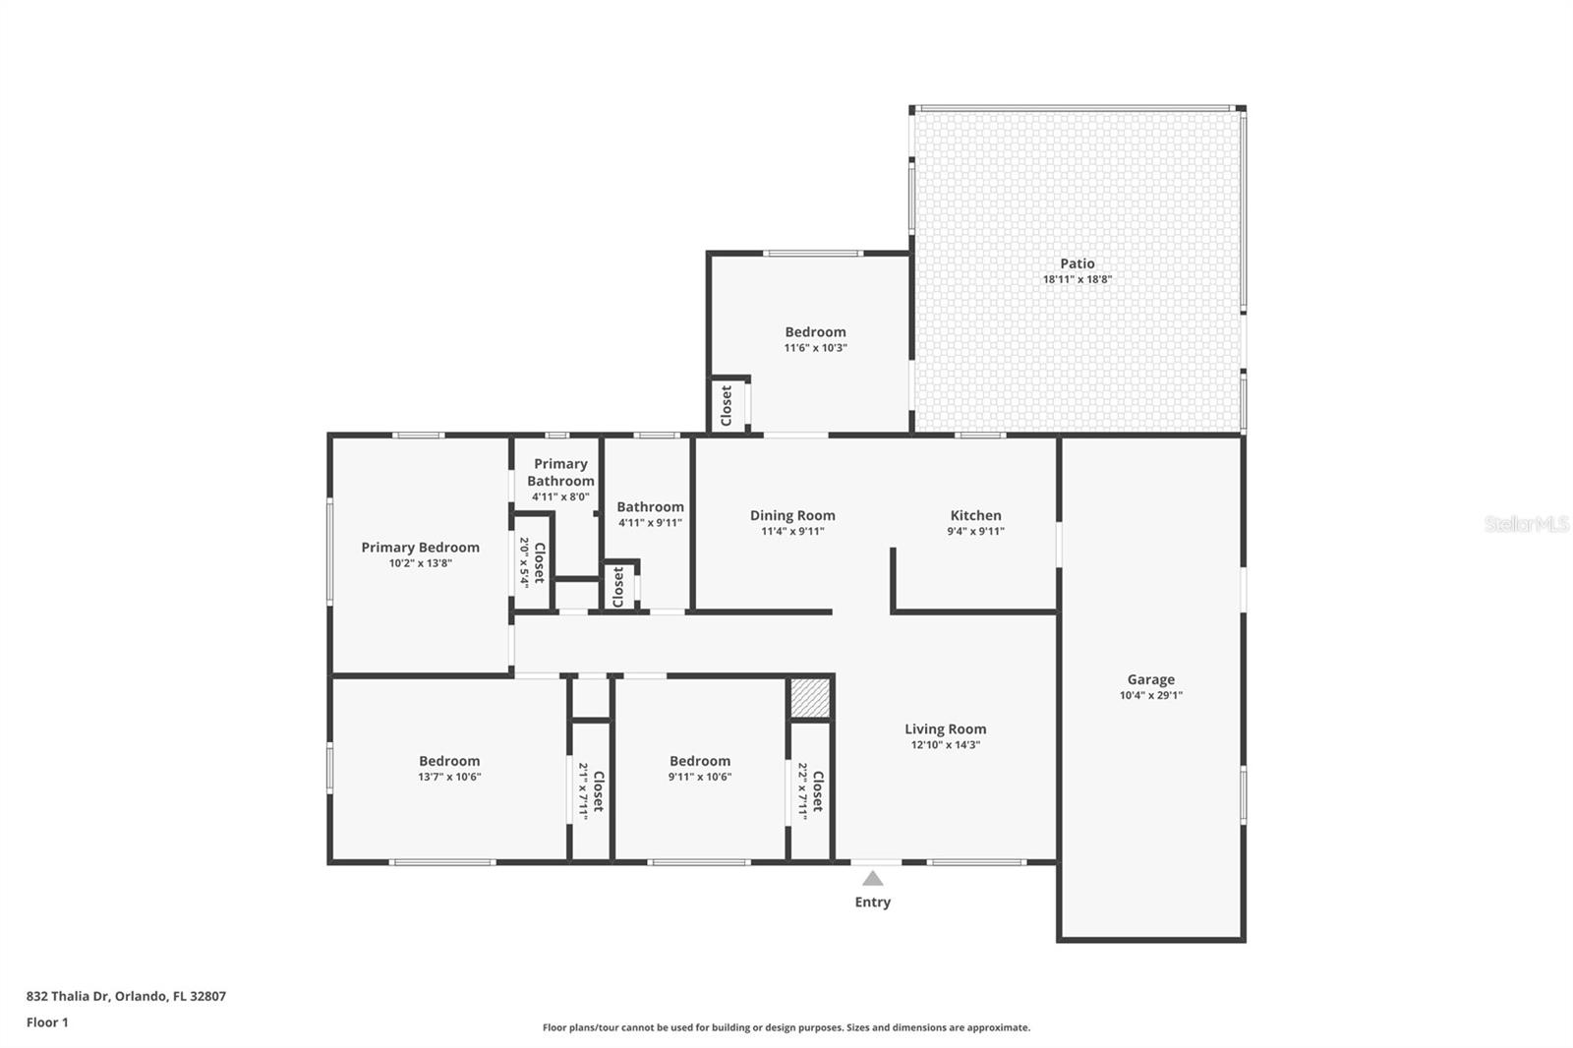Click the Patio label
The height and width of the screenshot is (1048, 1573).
click(x=1077, y=263)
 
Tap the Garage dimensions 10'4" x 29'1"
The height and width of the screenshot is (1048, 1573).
click(x=1150, y=695)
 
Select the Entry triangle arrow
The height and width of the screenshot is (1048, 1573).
click(x=872, y=878)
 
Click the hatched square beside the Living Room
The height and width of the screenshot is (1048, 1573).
click(x=810, y=699)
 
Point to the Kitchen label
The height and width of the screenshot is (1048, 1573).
click(x=975, y=515)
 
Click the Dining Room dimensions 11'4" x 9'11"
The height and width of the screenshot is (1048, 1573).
click(x=792, y=531)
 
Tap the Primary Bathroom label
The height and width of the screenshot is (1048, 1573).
click(x=560, y=472)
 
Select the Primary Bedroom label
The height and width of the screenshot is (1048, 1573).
click(x=420, y=548)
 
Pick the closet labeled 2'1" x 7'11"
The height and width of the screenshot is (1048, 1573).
click(x=590, y=790)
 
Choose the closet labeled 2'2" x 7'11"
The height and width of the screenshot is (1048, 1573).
click(x=810, y=790)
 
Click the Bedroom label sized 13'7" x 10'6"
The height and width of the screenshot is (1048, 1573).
click(x=449, y=761)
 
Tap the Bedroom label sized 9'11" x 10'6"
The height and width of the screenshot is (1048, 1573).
click(x=699, y=761)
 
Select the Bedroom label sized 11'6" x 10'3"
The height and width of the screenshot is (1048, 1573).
click(x=815, y=332)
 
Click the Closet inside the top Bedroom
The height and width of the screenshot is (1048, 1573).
click(x=727, y=405)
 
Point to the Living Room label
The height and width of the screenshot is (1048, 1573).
click(x=945, y=728)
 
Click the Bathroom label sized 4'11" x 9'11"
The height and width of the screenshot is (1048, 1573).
click(x=650, y=507)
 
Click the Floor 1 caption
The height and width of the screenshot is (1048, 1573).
click(x=47, y=1022)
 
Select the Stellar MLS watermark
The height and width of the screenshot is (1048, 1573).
click(x=1526, y=524)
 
